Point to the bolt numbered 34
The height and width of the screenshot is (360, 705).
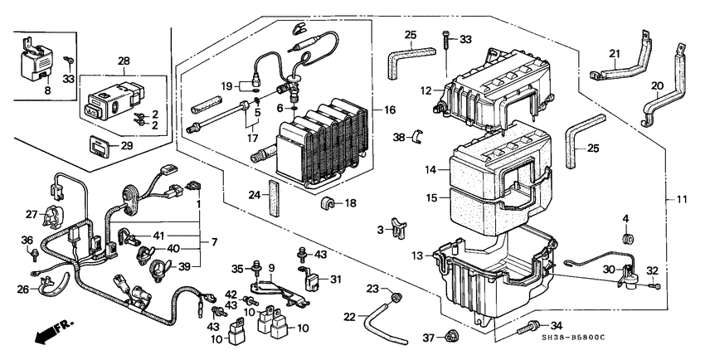530,330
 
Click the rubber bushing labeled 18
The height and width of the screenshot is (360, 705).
328,204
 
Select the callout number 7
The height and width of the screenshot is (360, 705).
213,241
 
